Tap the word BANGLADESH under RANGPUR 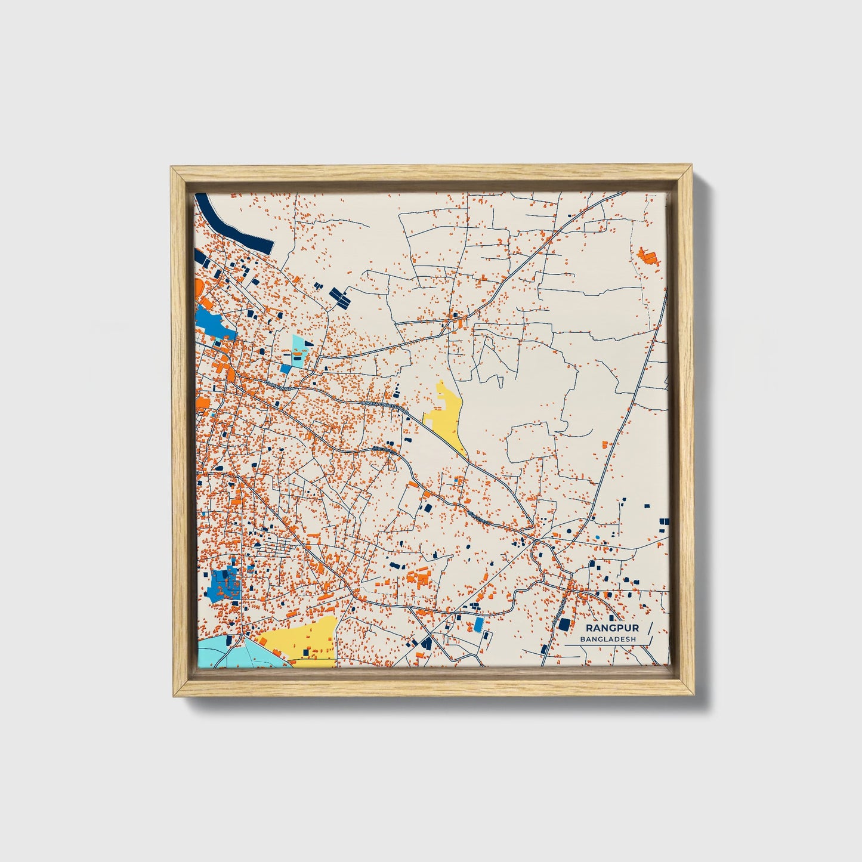(608, 639)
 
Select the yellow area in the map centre (448, 415)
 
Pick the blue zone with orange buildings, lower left (224, 585)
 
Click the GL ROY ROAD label (279, 386)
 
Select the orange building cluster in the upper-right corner (647, 257)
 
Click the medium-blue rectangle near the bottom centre (478, 625)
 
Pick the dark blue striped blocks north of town (341, 296)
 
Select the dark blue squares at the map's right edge (663, 525)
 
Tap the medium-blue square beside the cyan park (286, 369)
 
